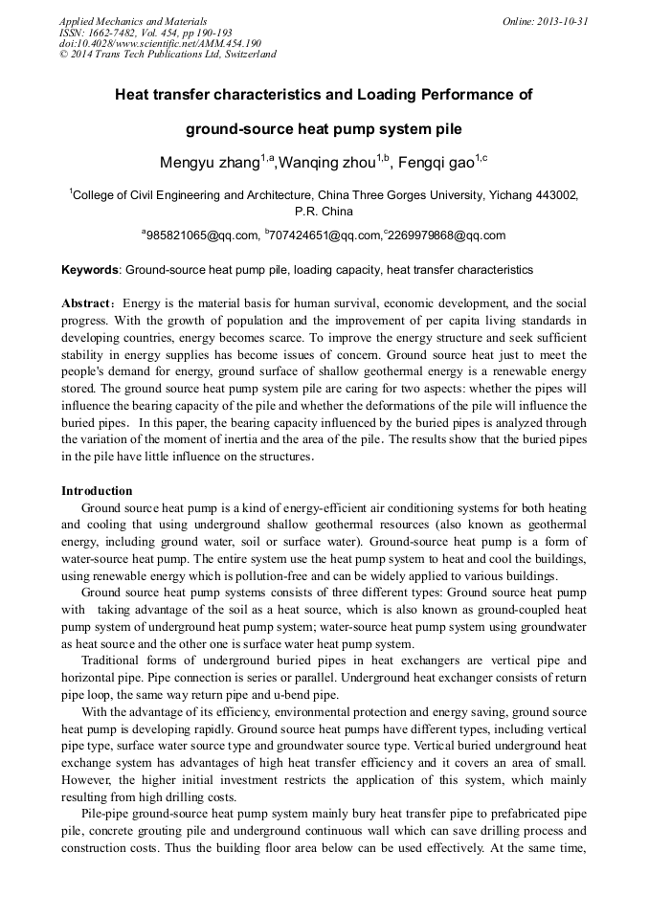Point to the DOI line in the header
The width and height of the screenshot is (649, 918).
pos(160,43)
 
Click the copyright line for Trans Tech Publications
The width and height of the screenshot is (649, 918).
pos(168,55)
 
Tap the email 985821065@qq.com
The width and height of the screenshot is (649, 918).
pos(203,235)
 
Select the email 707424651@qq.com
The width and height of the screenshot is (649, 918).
pos(326,235)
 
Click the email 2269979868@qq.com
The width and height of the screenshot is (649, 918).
pos(447,235)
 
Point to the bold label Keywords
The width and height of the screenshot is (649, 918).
pos(91,271)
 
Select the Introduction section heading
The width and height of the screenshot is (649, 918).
pos(97,491)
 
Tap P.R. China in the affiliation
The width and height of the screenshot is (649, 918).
pos(324,211)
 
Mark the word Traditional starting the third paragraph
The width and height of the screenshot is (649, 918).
pos(116,661)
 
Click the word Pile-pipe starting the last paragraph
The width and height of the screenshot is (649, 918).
pos(108,814)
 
